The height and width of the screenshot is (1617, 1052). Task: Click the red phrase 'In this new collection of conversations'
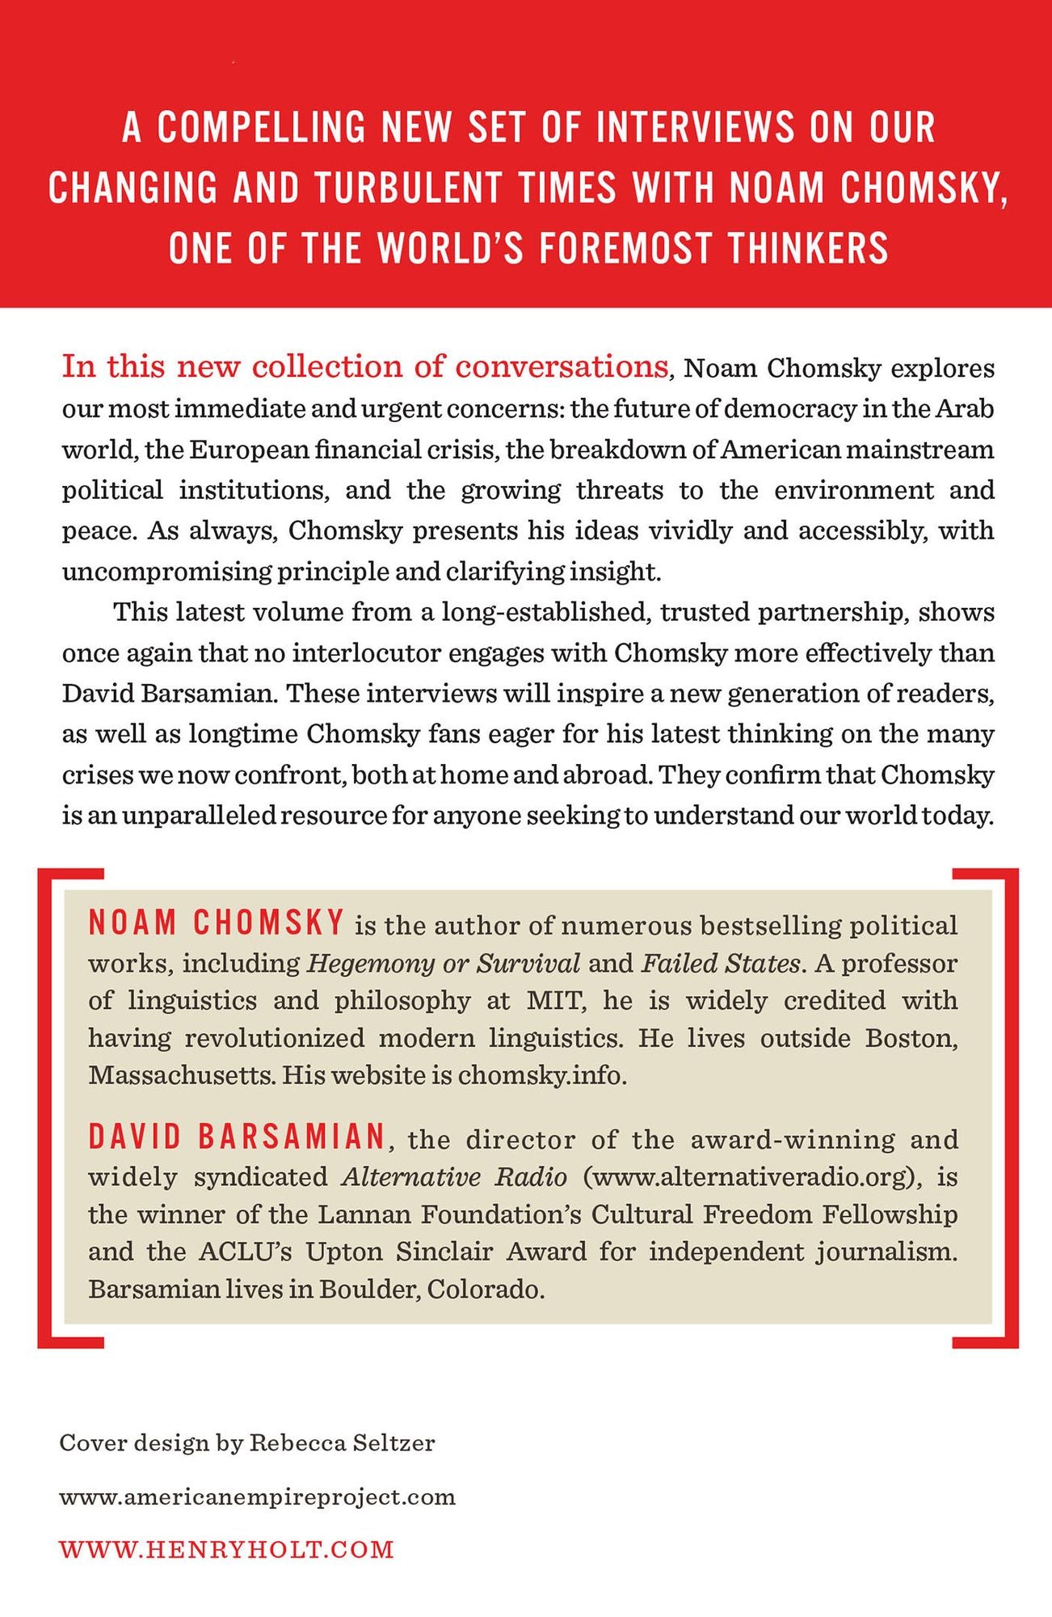364,366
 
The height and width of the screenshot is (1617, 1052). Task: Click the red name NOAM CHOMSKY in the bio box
217,923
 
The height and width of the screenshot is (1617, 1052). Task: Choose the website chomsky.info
541,1075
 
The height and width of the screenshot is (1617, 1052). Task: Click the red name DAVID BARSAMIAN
237,1138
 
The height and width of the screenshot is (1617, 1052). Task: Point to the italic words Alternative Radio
454,1176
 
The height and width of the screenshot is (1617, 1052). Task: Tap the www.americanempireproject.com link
258,1497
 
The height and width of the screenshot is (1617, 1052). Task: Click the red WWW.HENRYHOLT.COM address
227,1550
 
